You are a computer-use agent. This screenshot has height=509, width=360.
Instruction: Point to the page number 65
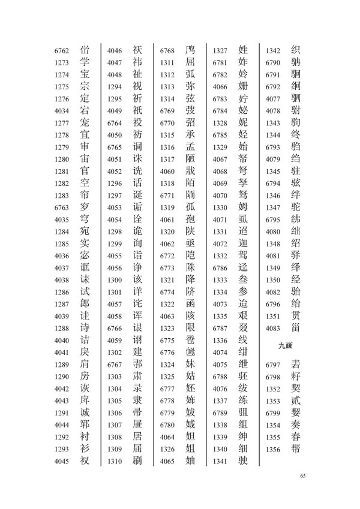302,475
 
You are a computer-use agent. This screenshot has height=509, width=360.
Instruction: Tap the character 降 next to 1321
190,279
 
